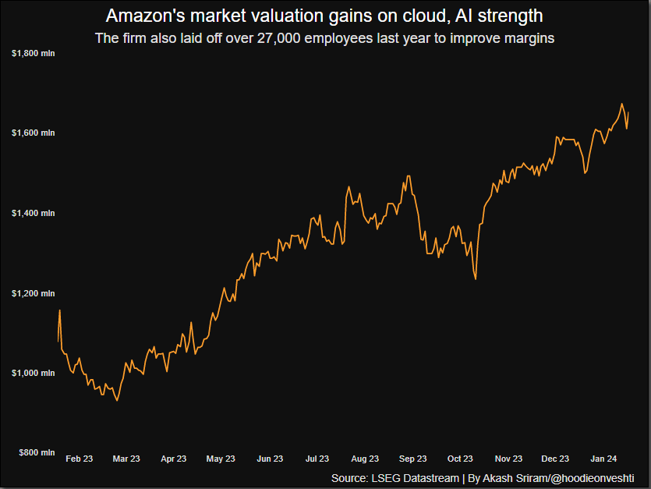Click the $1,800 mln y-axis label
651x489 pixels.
coord(33,53)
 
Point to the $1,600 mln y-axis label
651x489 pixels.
coord(33,133)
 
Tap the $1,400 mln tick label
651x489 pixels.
coord(33,213)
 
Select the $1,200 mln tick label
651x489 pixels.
coord(33,293)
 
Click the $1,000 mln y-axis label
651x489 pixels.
coord(33,373)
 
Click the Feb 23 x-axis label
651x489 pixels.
coord(79,459)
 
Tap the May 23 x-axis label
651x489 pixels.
coord(221,459)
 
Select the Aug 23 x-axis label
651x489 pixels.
coord(365,459)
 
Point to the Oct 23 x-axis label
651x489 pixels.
coord(460,459)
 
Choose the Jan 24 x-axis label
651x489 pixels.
coord(603,459)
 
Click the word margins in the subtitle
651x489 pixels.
coord(529,38)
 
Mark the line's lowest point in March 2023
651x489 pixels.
coord(117,400)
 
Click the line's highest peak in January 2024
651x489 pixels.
coord(621,104)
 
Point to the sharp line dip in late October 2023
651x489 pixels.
coord(476,278)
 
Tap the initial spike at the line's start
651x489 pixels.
coord(60,310)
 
